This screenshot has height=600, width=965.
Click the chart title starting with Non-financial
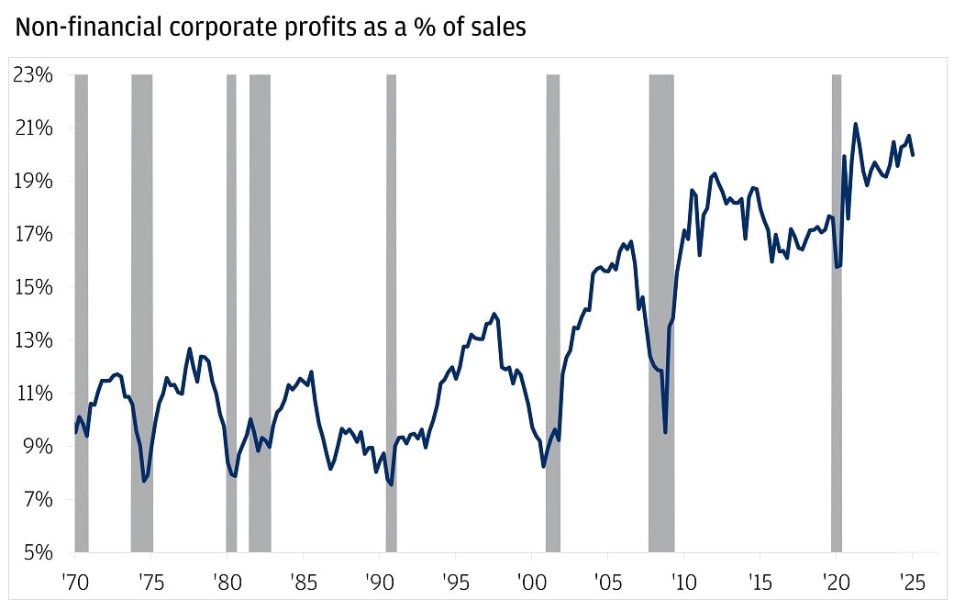pyautogui.click(x=270, y=28)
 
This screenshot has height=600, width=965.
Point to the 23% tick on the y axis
pyautogui.click(x=33, y=74)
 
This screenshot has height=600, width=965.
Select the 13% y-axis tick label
pyautogui.click(x=33, y=340)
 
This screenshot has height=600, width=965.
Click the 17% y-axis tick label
pyautogui.click(x=33, y=234)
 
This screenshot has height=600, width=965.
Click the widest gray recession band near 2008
pyautogui.click(x=660, y=312)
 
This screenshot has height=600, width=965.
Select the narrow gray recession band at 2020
pyautogui.click(x=837, y=312)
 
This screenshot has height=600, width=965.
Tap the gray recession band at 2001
pyautogui.click(x=553, y=312)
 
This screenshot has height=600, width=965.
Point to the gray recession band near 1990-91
pyautogui.click(x=391, y=312)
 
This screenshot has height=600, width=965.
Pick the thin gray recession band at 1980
pyautogui.click(x=231, y=312)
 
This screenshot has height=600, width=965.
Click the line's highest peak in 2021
pyautogui.click(x=855, y=124)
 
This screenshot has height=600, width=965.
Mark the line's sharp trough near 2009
pyautogui.click(x=665, y=431)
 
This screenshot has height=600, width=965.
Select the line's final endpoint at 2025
pyautogui.click(x=913, y=155)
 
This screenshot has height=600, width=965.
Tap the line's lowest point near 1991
pyautogui.click(x=392, y=484)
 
